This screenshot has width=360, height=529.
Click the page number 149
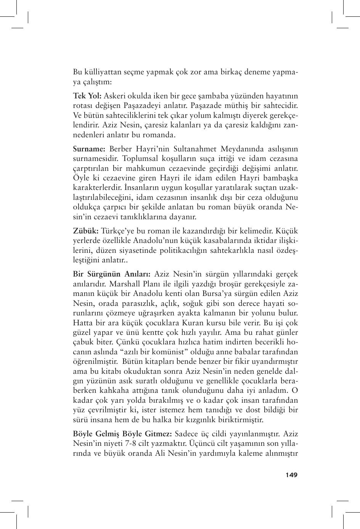[x=291, y=475]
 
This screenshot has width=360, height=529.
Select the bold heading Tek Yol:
[x=87, y=95]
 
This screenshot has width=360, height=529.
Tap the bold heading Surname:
[x=89, y=149]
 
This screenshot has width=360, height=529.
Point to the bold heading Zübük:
[x=86, y=231]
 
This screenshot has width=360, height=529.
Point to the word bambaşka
[x=278, y=178]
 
